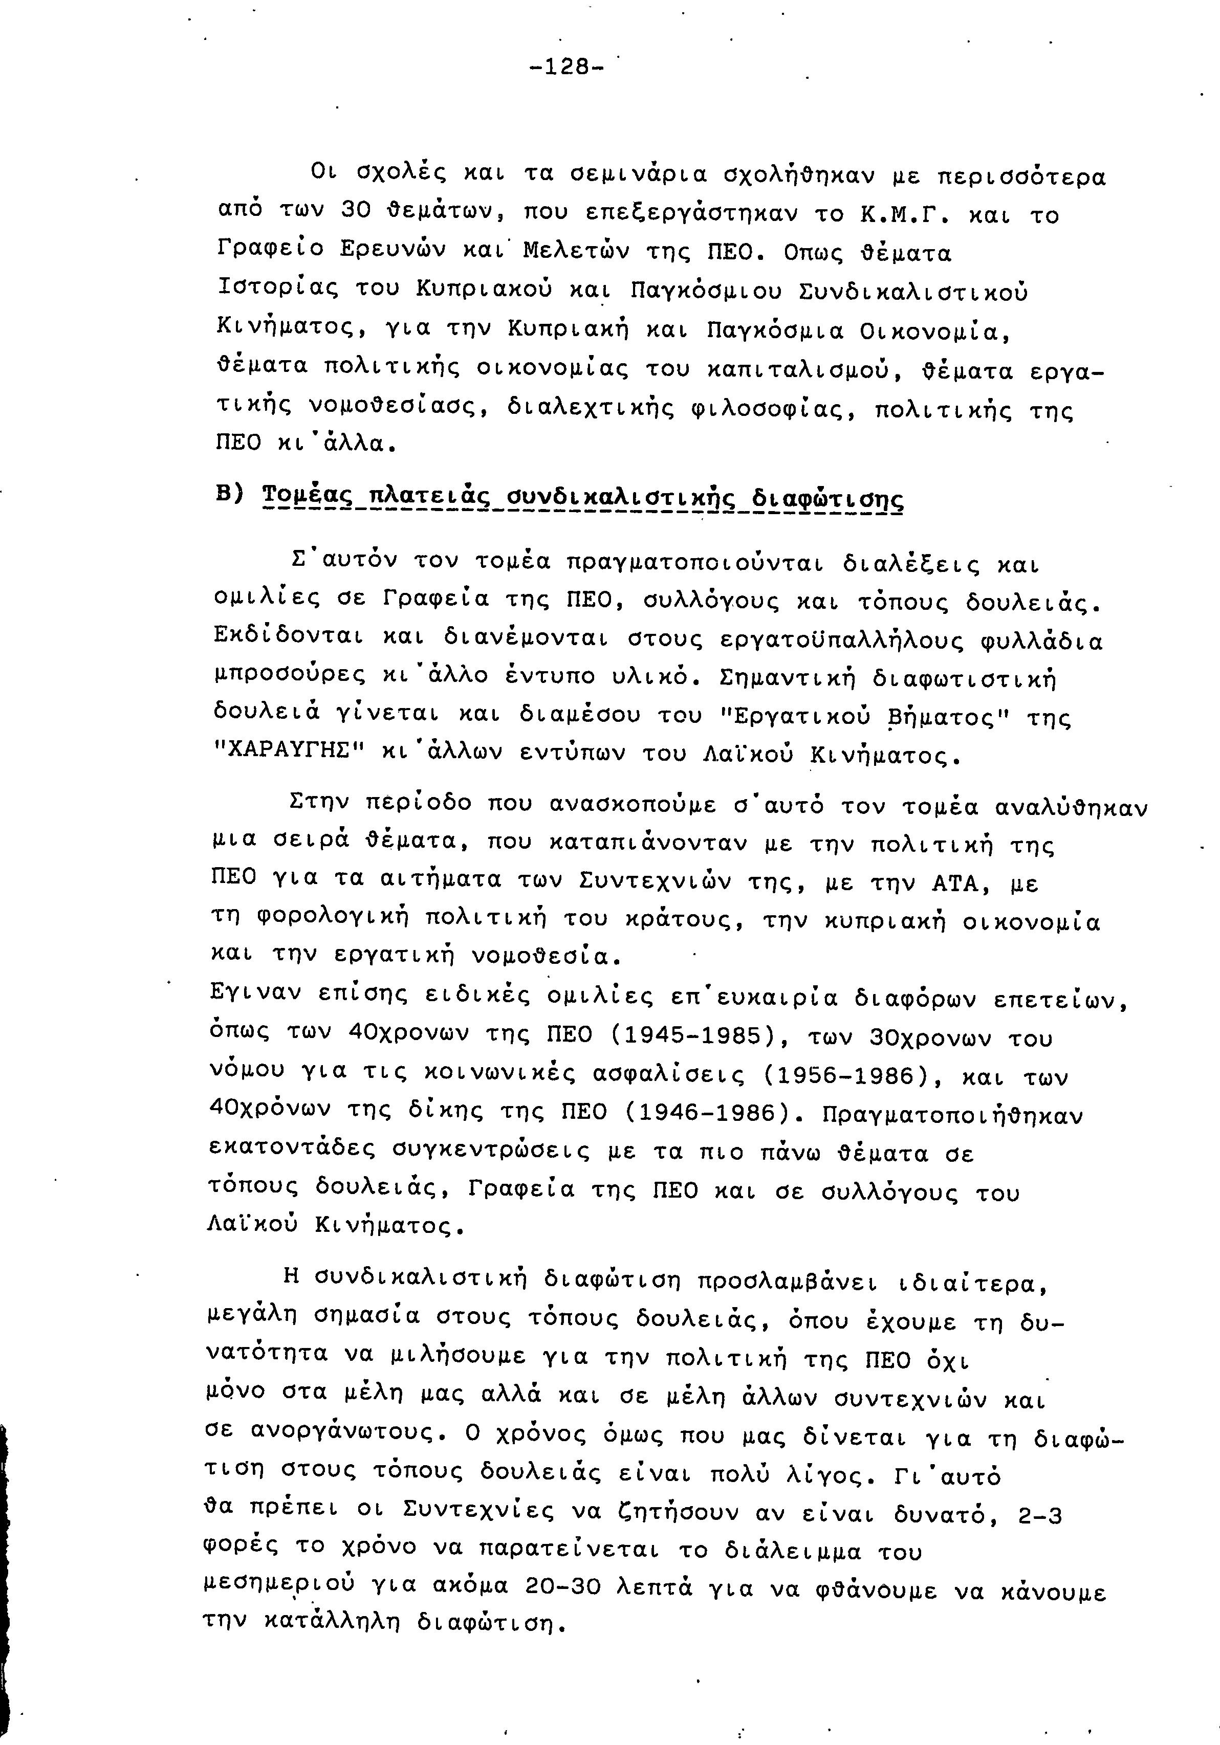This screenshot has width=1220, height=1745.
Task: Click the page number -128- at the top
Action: (567, 67)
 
